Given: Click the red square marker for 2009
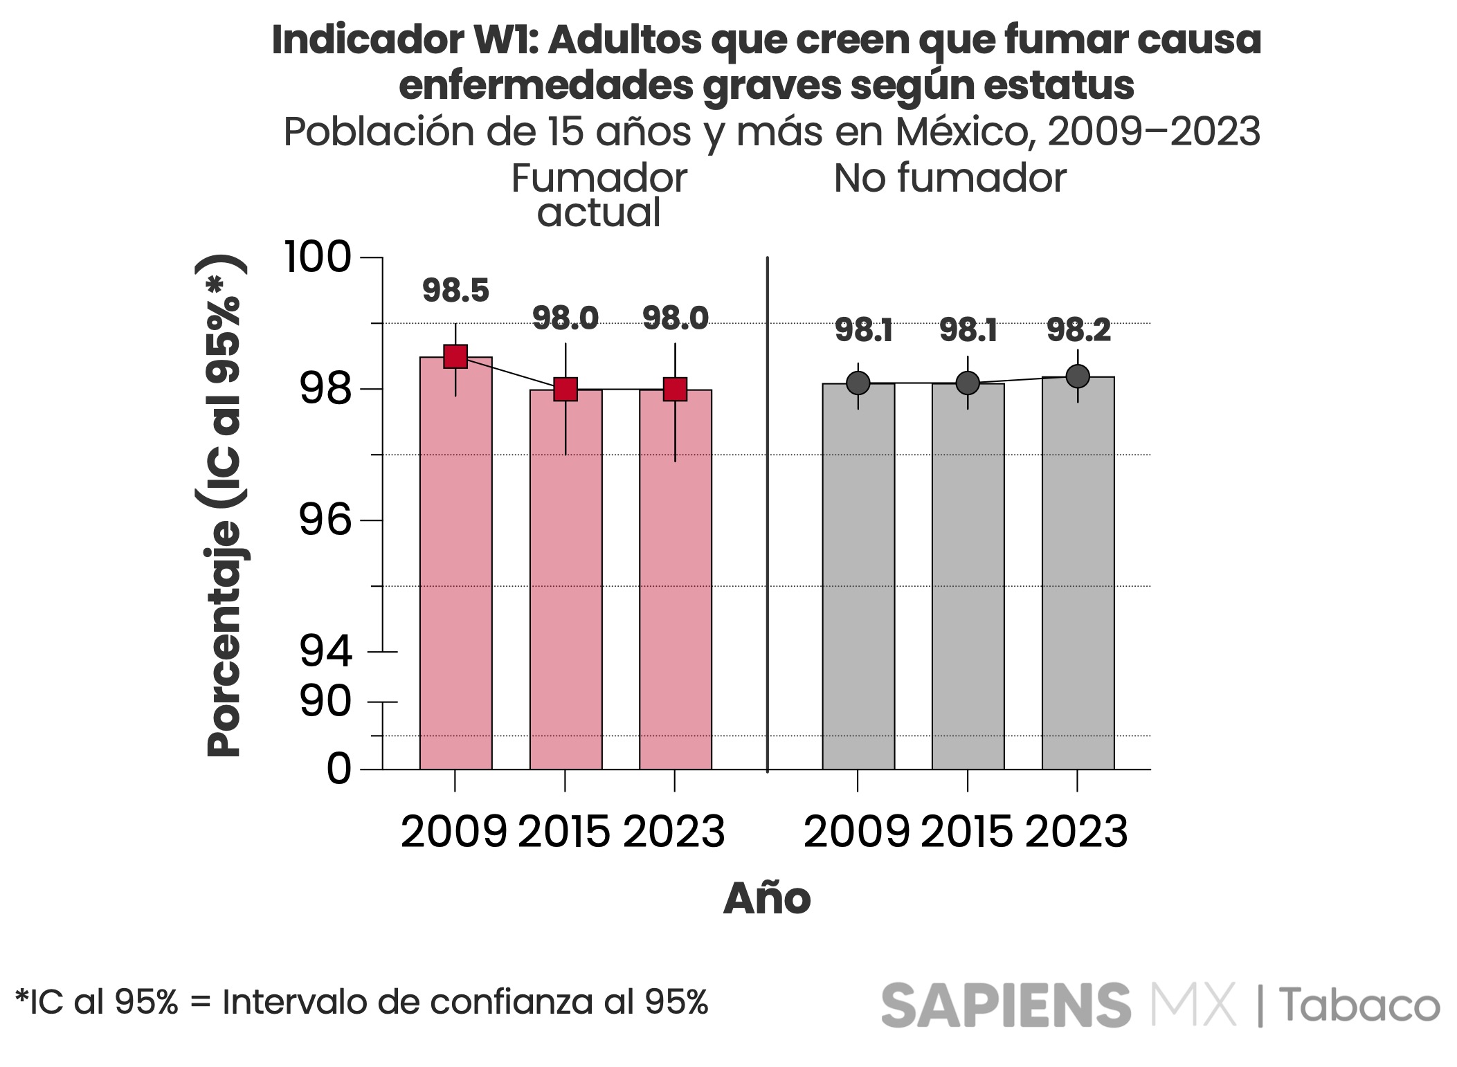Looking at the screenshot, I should click(455, 356).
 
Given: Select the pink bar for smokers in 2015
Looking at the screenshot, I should click(565, 581).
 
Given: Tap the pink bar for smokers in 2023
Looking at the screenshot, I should click(675, 581).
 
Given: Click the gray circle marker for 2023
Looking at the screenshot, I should click(1078, 376).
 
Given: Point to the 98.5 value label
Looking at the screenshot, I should click(455, 291).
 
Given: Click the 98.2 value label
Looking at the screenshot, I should click(1078, 331).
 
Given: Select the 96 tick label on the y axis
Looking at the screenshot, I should click(325, 520).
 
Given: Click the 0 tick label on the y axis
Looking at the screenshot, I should click(338, 769).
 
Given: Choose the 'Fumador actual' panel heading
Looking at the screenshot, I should click(599, 195).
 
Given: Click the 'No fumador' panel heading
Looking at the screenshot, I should click(950, 179).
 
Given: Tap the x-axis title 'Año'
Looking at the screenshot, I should click(766, 899).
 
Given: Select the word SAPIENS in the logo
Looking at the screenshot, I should click(1006, 1005).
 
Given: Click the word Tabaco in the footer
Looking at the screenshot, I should click(1359, 1005).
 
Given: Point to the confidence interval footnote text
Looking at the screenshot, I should click(361, 1002).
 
